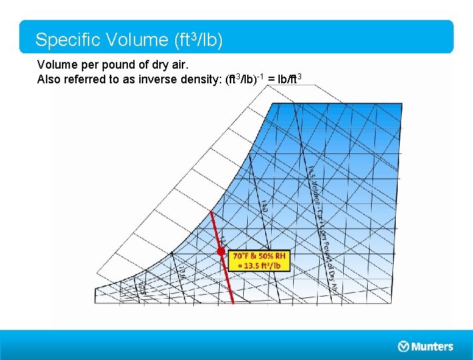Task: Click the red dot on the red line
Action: coord(221,252)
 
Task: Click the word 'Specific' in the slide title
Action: coord(64,40)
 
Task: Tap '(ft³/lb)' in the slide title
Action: coord(198,40)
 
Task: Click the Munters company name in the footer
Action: coord(432,346)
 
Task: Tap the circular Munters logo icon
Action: coord(403,346)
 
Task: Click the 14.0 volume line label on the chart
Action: coord(264,206)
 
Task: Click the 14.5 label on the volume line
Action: coord(311,174)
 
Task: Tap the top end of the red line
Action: coord(212,213)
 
